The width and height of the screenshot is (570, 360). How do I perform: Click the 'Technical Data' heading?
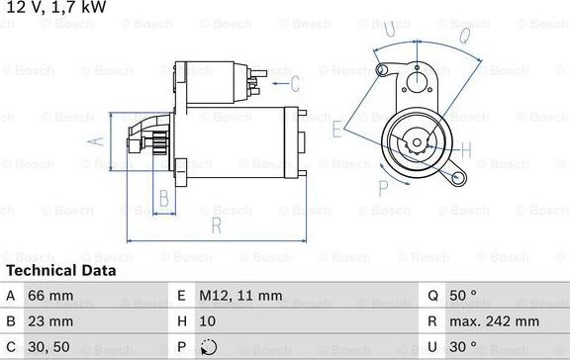coord(60,270)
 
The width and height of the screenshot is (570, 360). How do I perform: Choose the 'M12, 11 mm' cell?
coord(241,296)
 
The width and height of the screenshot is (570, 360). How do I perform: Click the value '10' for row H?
coord(209,321)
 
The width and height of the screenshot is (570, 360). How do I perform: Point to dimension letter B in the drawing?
coord(164,198)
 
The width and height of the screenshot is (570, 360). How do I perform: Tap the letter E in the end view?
coord(337,128)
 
